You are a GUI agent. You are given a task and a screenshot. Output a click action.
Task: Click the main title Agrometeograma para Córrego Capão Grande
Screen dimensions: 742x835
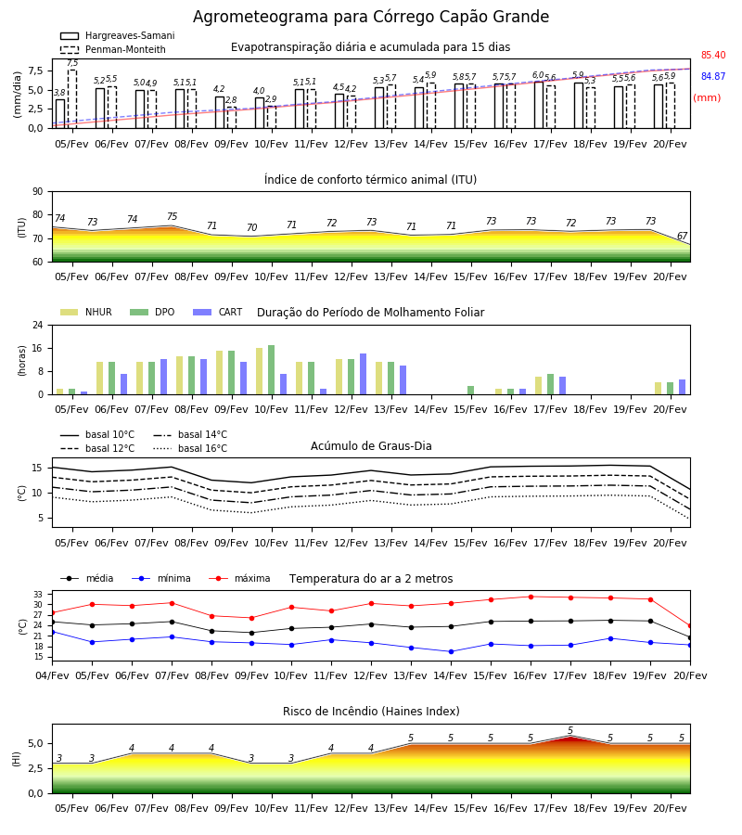(371, 17)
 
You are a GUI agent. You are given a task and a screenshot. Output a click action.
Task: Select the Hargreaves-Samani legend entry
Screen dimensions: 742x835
(117, 35)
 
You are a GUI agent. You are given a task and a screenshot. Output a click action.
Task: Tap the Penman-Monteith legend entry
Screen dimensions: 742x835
(113, 49)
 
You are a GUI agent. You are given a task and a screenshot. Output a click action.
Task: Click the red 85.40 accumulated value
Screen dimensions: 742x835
(713, 56)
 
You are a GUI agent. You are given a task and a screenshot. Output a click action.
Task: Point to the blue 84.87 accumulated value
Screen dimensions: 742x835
(713, 77)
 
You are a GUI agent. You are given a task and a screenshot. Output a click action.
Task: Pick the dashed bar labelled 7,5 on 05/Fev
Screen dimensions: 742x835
(71, 99)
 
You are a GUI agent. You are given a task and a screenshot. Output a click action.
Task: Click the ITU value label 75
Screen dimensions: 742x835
(172, 217)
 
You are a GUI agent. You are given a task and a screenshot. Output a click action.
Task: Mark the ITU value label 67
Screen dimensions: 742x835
(682, 236)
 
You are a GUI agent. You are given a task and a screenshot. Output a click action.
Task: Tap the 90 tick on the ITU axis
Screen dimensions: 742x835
(38, 192)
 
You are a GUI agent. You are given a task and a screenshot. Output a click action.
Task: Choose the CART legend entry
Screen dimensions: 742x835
(218, 312)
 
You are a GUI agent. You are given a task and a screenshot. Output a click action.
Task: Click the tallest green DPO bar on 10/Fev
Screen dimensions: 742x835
(272, 370)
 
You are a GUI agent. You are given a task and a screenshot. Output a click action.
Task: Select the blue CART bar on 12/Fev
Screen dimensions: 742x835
(363, 375)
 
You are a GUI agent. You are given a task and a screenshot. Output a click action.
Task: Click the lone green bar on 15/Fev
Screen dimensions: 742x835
(470, 391)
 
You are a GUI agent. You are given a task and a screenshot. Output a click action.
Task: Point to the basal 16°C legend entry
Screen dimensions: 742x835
(190, 449)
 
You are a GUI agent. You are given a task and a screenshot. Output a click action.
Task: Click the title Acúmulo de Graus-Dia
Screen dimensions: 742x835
(371, 446)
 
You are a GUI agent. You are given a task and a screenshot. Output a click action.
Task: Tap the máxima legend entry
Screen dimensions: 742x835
(239, 579)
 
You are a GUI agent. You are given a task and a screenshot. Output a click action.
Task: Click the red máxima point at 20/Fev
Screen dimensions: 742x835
(690, 626)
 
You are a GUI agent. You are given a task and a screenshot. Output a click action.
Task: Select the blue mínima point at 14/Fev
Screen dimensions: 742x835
(452, 652)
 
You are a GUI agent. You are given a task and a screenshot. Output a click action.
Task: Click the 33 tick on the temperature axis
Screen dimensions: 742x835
(38, 595)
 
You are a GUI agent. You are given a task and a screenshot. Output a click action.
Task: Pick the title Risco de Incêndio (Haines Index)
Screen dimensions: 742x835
(371, 712)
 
